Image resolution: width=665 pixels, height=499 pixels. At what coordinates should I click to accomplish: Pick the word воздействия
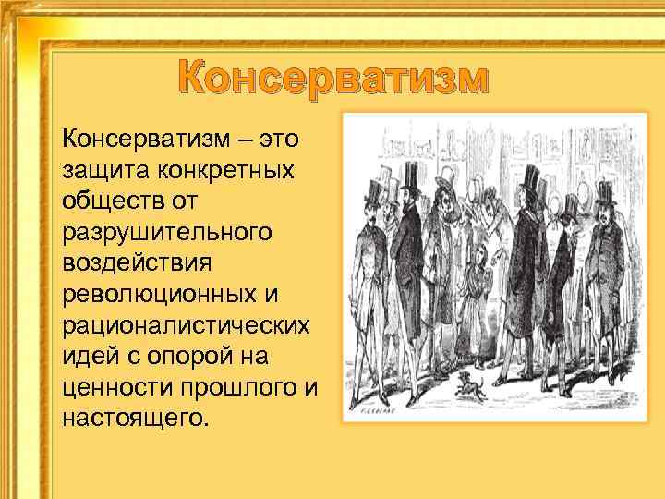pos(137,262)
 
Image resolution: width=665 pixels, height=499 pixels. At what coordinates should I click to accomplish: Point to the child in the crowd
pos(478,267)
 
